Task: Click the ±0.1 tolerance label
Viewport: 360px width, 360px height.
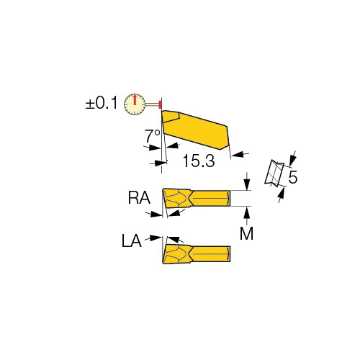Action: pos(102,103)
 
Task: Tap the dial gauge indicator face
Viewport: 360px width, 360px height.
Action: pos(135,104)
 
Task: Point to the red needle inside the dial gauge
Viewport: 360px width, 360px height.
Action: pos(135,99)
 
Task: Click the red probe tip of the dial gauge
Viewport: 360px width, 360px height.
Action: pos(160,104)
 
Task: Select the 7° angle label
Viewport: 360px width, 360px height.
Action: pos(152,136)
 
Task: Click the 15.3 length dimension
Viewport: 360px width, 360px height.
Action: pos(199,161)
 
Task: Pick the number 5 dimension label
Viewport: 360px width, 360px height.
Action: pos(293,177)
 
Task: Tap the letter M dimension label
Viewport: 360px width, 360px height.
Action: pos(247,233)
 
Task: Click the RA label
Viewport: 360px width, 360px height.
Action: pos(139,198)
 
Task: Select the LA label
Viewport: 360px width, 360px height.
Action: pos(132,240)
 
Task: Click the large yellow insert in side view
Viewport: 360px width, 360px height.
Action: pos(195,130)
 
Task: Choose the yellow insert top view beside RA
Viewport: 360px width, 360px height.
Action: pos(197,198)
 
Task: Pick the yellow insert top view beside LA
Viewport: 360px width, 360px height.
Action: pos(197,254)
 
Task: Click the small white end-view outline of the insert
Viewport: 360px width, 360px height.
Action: pos(274,174)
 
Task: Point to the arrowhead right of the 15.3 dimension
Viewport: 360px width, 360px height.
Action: pos(237,154)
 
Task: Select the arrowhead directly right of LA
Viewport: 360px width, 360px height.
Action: pos(156,238)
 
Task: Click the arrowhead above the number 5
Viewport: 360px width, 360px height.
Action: pos(292,161)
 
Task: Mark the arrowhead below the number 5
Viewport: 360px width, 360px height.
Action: pos(282,193)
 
